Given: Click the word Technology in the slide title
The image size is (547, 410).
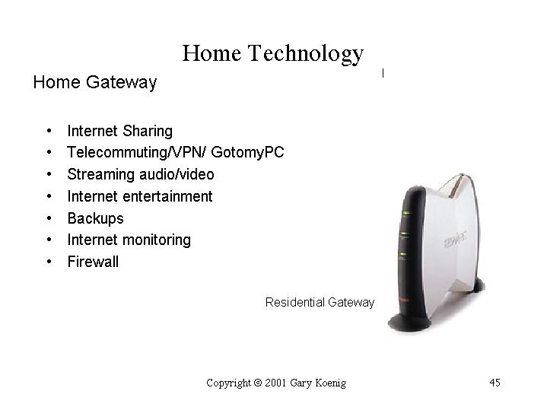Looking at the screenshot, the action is pos(306,54).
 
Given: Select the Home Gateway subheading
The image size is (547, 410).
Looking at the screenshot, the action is pos(95,83).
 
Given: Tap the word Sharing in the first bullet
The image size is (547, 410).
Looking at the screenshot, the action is pos(148,132).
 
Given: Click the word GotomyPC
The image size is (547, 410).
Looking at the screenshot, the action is pos(247,152).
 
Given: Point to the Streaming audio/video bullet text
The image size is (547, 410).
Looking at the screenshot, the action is pos(141,174).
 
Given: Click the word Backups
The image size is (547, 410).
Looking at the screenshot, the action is pos(96,219).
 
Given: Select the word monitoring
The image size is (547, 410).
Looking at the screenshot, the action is pos(157,240).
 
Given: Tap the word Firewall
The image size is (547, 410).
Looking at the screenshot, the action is pos(93,262).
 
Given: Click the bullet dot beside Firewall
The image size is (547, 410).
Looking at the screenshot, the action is pos(49,262).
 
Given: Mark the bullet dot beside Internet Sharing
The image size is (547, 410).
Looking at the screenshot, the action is pos(49,131).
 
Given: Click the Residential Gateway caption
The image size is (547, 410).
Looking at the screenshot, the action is pos(320,302).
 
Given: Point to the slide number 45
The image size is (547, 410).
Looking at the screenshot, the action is pos(495,383).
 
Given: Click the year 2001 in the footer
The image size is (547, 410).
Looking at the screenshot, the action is pos(275,383).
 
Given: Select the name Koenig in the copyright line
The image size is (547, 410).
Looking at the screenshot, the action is pos(330,383).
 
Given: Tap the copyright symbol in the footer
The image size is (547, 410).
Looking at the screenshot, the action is pos(258,383).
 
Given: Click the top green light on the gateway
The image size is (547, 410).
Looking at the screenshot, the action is pos(405,212).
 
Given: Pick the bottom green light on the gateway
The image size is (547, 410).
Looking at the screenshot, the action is pos(403,254).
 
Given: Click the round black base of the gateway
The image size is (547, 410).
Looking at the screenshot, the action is pos(409,323).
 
